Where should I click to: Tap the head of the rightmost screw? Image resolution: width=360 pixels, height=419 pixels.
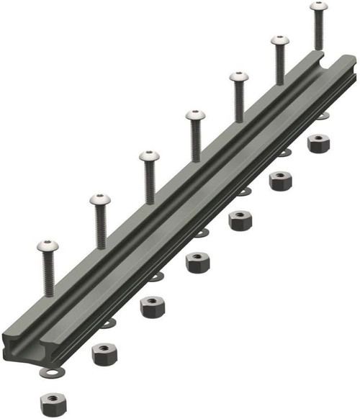click(318, 6)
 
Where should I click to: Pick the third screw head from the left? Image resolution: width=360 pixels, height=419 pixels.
click(148, 156)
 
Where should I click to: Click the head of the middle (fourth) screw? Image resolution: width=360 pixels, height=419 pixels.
click(194, 115)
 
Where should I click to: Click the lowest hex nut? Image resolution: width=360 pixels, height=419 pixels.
click(53, 400)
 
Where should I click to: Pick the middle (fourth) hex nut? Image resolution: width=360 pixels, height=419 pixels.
click(197, 262)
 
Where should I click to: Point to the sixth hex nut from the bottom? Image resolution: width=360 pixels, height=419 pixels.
click(280, 179)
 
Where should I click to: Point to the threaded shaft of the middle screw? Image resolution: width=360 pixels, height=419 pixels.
click(194, 140)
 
